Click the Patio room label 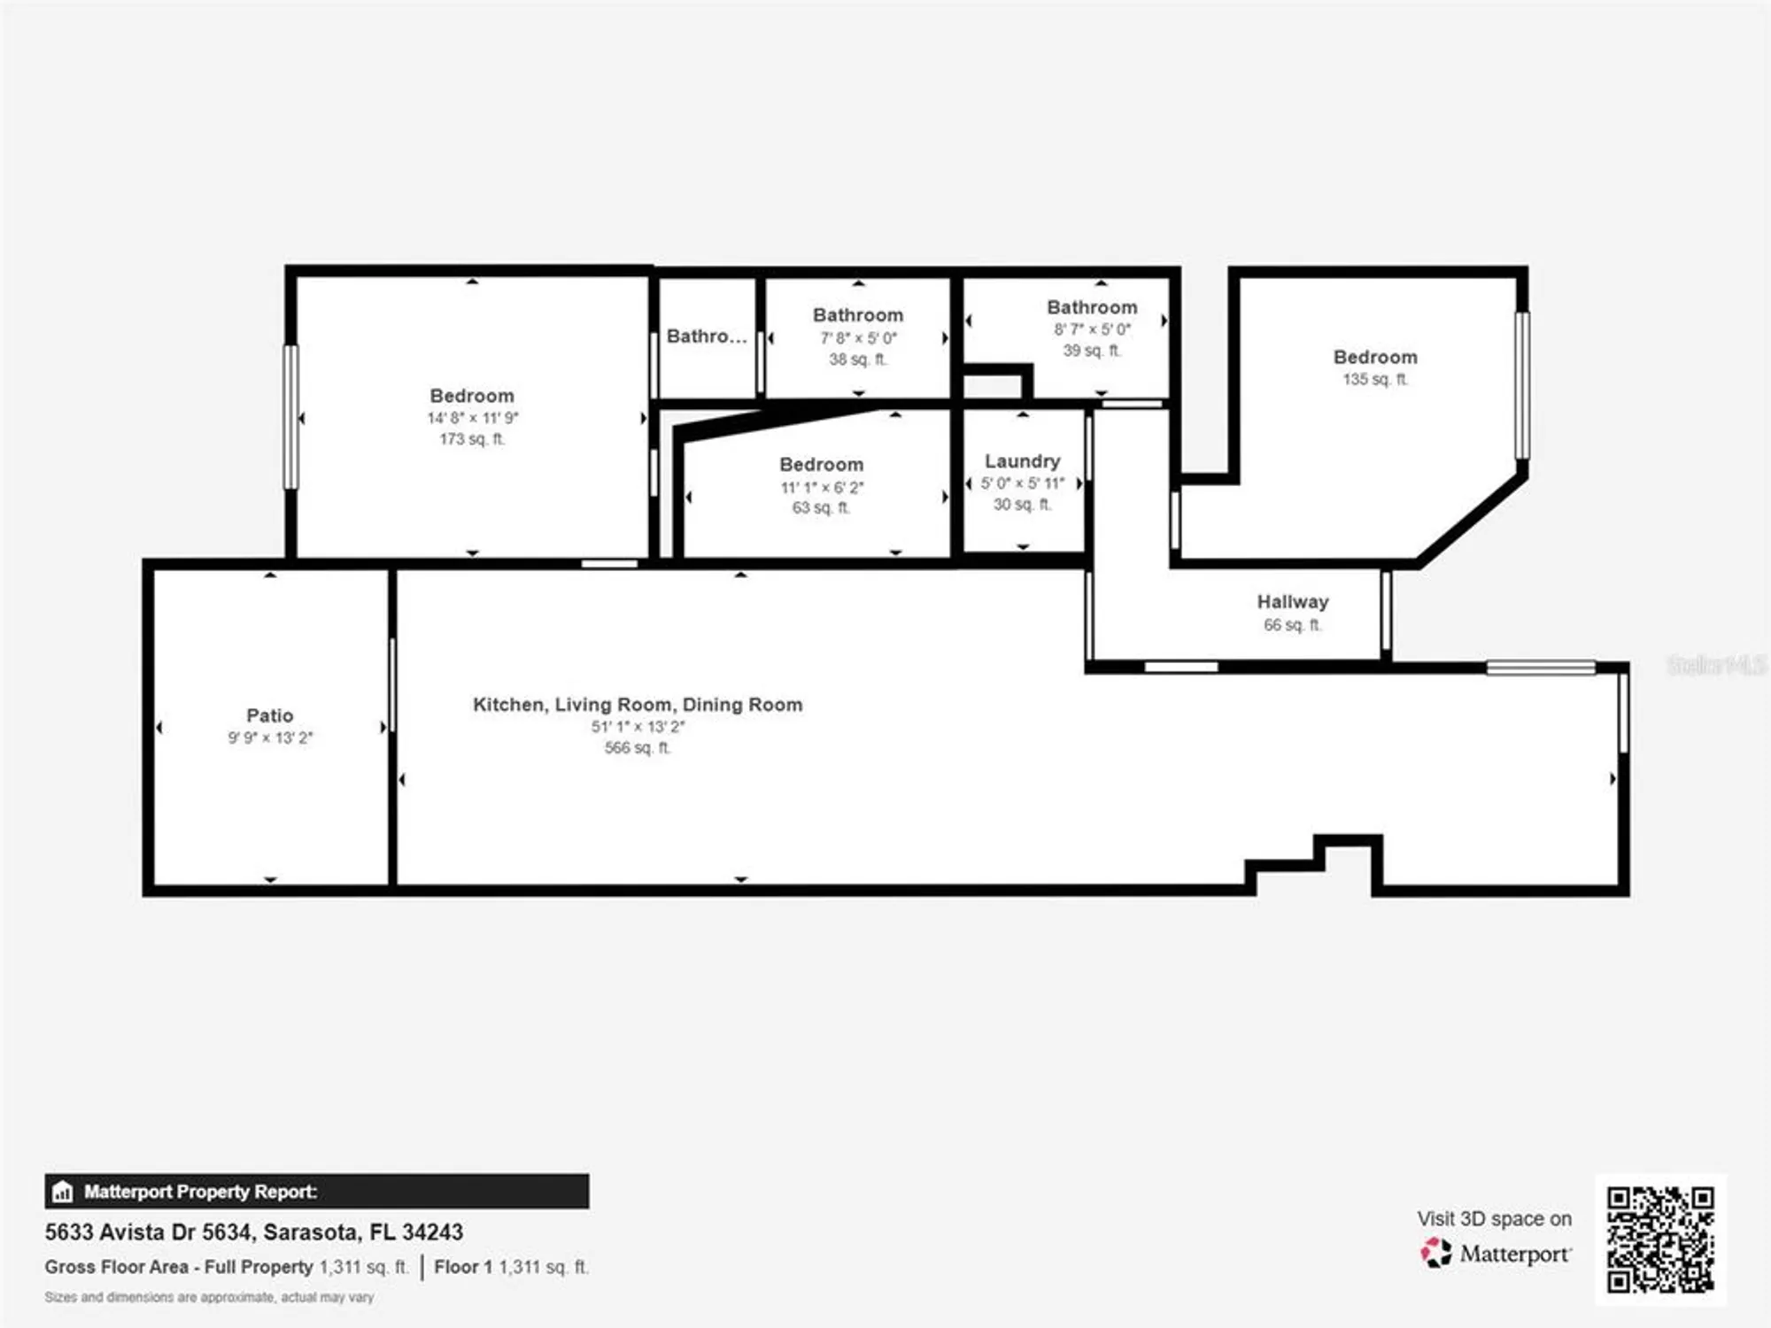click(269, 715)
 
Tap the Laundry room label click(1022, 461)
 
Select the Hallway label click(1292, 602)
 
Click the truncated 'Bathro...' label click(707, 336)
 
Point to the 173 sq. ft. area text click(472, 439)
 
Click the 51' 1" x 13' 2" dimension click(638, 727)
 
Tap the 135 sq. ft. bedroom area click(1374, 379)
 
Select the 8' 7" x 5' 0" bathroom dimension click(1092, 329)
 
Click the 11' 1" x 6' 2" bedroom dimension click(821, 487)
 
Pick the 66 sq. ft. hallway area click(1292, 625)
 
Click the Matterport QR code click(1660, 1239)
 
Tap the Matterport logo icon click(1435, 1253)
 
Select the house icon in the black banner click(62, 1192)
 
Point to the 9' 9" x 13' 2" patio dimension click(269, 737)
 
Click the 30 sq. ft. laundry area click(1022, 505)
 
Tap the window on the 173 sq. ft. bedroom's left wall click(290, 416)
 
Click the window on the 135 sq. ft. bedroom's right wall click(1522, 385)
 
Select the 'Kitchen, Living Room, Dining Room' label click(638, 705)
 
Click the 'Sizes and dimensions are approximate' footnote click(209, 1297)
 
